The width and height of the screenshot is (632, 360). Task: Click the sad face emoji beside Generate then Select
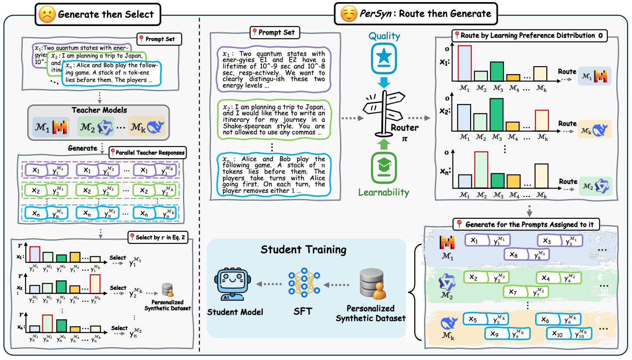coord(47,14)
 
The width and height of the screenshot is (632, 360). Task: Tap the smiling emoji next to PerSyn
coord(348,14)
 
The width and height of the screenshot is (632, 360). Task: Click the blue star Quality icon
coord(384,58)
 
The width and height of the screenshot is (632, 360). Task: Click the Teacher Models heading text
coord(99,110)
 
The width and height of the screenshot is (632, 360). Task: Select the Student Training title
coord(303,250)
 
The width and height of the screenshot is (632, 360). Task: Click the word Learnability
coord(384,192)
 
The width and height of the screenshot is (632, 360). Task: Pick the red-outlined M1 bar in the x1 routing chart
coord(464,63)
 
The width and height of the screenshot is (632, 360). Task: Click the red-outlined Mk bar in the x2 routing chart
coord(542,120)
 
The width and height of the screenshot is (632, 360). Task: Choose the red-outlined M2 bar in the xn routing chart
coord(481,170)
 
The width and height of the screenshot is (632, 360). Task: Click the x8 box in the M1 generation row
coord(514,255)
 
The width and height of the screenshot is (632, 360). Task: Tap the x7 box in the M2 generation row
coord(513,292)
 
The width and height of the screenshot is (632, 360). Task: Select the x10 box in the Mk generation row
coord(558,334)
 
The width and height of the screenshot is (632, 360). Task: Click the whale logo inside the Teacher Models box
coord(155,127)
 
